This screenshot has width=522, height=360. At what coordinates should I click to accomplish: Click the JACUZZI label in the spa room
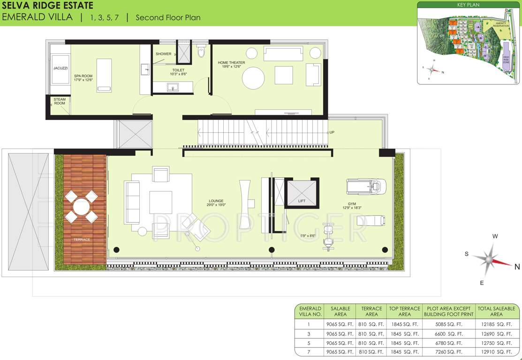[x=61, y=68]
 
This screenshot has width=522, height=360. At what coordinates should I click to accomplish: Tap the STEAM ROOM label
[x=60, y=101]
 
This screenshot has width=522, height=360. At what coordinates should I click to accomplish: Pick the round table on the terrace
[x=81, y=206]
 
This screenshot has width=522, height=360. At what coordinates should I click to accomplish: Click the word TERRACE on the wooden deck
[x=81, y=240]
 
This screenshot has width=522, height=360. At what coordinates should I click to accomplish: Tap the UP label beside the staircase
[x=332, y=132]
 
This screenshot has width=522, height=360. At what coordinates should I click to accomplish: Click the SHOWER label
[x=163, y=54]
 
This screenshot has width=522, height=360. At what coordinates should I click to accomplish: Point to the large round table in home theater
[x=253, y=78]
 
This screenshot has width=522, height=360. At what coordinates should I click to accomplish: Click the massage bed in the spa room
[x=104, y=75]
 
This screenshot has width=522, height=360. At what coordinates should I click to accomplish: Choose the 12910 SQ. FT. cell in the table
[x=496, y=351]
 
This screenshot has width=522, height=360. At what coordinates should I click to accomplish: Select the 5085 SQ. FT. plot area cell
[x=449, y=324]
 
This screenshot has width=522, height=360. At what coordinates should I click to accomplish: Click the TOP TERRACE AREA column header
[x=404, y=311]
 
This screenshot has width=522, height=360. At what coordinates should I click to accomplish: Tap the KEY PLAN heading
[x=468, y=5]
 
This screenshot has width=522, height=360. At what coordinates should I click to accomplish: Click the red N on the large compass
[x=517, y=267]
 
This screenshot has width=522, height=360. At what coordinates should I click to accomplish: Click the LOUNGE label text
[x=216, y=202]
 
